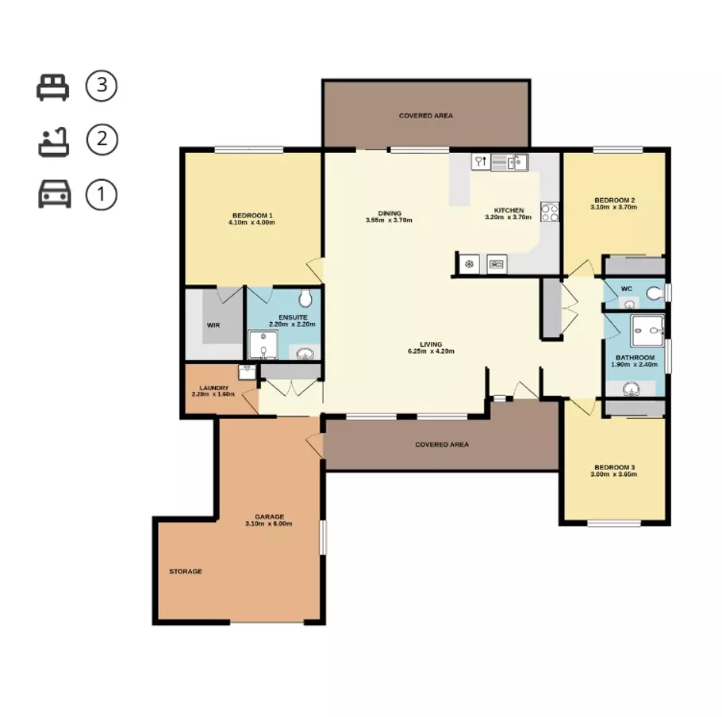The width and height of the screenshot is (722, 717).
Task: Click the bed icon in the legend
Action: tap(53, 86)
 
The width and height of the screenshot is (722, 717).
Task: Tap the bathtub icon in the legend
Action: tap(54, 141)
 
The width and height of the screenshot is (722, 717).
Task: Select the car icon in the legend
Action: tap(54, 194)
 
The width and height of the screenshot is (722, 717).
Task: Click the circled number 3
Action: tap(101, 86)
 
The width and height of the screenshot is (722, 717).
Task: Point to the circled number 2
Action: tap(101, 141)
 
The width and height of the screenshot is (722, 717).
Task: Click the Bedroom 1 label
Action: tap(252, 216)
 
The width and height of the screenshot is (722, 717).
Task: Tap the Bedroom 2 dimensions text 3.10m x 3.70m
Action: tap(613, 207)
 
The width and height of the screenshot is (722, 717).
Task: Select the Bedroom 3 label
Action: tap(613, 467)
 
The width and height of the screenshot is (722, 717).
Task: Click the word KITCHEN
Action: tap(509, 210)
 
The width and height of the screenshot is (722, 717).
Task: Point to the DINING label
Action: tap(389, 213)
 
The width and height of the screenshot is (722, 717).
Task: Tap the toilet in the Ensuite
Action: tap(305, 298)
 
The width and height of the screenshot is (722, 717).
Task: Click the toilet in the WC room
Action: tap(654, 294)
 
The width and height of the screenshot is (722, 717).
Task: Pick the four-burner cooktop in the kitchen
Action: tap(549, 212)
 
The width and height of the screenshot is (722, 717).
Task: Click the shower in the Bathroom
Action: tap(647, 332)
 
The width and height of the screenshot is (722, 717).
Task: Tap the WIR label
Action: tap(213, 325)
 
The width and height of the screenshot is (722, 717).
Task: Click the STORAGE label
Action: tap(185, 571)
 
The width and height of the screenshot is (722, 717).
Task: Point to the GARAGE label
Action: tap(269, 516)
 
